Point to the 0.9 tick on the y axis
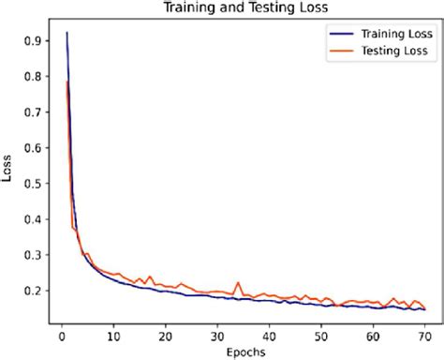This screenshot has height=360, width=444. point(34,41)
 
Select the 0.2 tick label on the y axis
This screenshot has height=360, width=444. point(34,291)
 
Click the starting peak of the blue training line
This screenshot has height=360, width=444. point(67,33)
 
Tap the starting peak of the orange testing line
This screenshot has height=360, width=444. point(67,82)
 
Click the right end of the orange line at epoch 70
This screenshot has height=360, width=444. point(424,307)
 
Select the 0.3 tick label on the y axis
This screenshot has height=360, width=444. point(34,255)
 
